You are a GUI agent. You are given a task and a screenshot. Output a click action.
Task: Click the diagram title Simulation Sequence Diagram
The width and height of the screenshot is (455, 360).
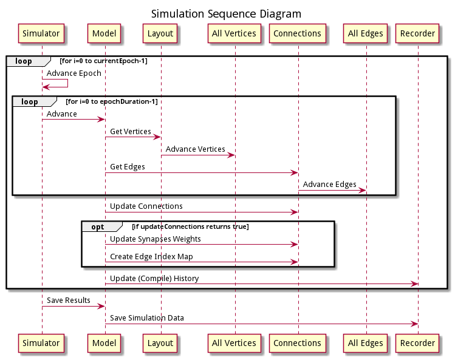tap(226, 13)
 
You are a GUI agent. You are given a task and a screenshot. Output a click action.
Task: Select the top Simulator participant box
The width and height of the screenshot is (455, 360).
tap(42, 33)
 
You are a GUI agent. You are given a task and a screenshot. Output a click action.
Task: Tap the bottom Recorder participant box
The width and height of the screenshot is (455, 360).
tap(418, 343)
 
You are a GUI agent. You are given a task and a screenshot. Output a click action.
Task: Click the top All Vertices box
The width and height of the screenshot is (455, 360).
tap(234, 33)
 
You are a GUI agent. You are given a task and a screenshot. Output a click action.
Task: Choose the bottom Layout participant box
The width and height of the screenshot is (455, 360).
tap(161, 343)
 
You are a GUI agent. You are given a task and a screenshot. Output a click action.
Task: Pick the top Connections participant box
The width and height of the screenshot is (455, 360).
tap(298, 33)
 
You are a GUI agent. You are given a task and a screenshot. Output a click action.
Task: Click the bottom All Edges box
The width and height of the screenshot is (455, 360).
tap(365, 343)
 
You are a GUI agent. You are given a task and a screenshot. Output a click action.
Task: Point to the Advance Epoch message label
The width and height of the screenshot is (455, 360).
tap(74, 73)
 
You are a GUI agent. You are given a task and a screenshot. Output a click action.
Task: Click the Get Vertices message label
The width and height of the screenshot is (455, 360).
tap(131, 132)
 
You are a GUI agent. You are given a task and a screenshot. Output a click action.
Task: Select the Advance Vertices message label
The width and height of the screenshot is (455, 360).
tap(195, 149)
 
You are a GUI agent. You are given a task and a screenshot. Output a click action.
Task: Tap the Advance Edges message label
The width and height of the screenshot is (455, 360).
tap(329, 185)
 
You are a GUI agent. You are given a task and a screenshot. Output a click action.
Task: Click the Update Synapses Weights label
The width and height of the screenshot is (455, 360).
tap(156, 239)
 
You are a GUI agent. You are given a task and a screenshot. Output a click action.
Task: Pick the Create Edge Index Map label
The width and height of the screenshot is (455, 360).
tap(151, 257)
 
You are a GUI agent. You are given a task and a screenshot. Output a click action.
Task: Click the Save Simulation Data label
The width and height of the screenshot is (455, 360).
tap(147, 318)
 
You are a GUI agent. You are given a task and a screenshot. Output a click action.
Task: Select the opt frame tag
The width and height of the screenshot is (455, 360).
tap(98, 227)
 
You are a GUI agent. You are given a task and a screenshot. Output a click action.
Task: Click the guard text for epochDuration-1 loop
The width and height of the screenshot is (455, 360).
tap(112, 101)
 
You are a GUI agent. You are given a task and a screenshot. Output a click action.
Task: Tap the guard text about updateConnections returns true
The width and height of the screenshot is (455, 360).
tap(190, 227)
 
